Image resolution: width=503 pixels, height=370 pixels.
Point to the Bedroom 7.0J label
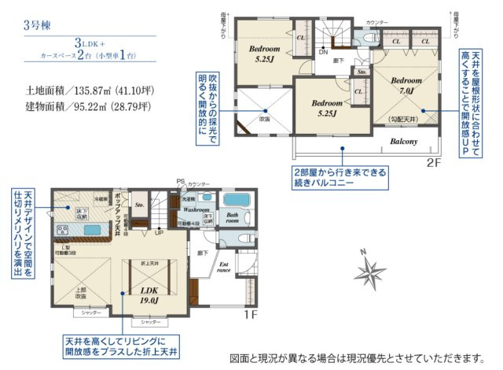(x=407, y=86)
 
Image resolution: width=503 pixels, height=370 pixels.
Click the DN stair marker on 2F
(x=323, y=53)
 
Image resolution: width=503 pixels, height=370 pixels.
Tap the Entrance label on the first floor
(x=223, y=268)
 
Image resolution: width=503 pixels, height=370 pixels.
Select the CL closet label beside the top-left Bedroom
(x=300, y=36)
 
